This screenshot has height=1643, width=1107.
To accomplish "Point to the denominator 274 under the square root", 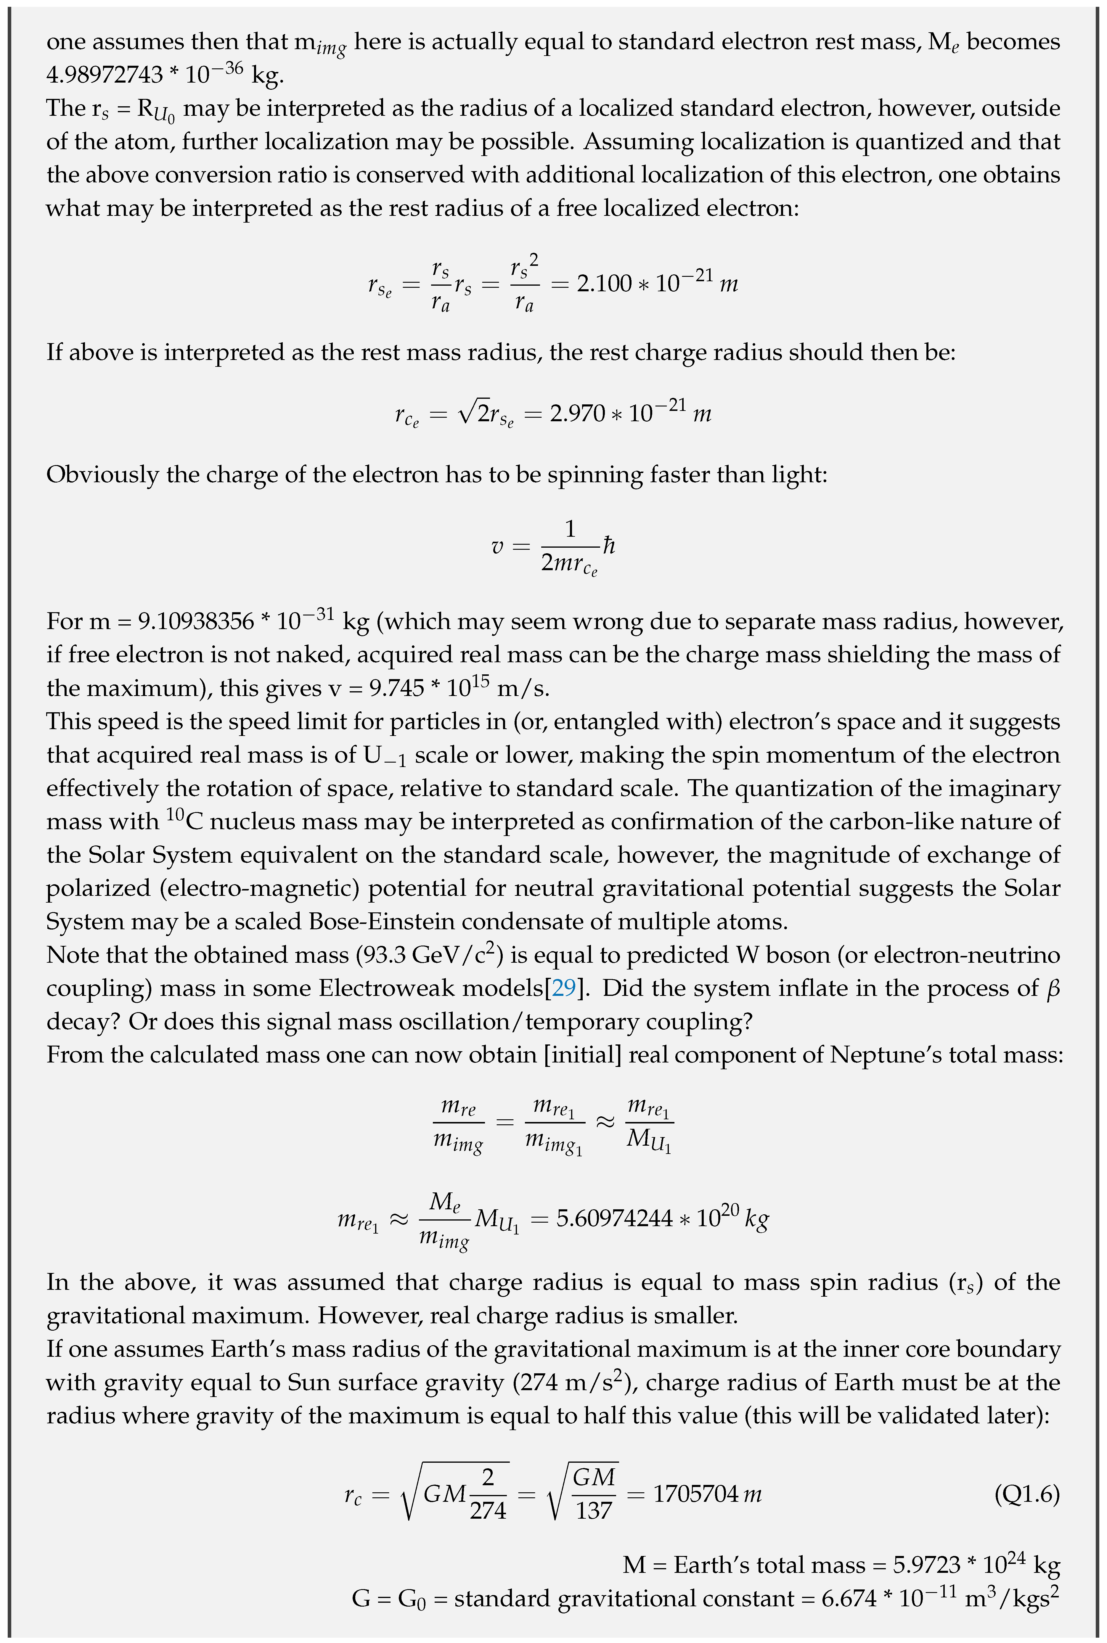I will (488, 1510).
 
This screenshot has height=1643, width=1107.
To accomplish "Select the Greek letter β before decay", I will (1053, 988).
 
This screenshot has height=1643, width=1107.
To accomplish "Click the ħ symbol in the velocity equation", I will (608, 546).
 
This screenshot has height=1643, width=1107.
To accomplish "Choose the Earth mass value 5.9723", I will (926, 1565).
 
